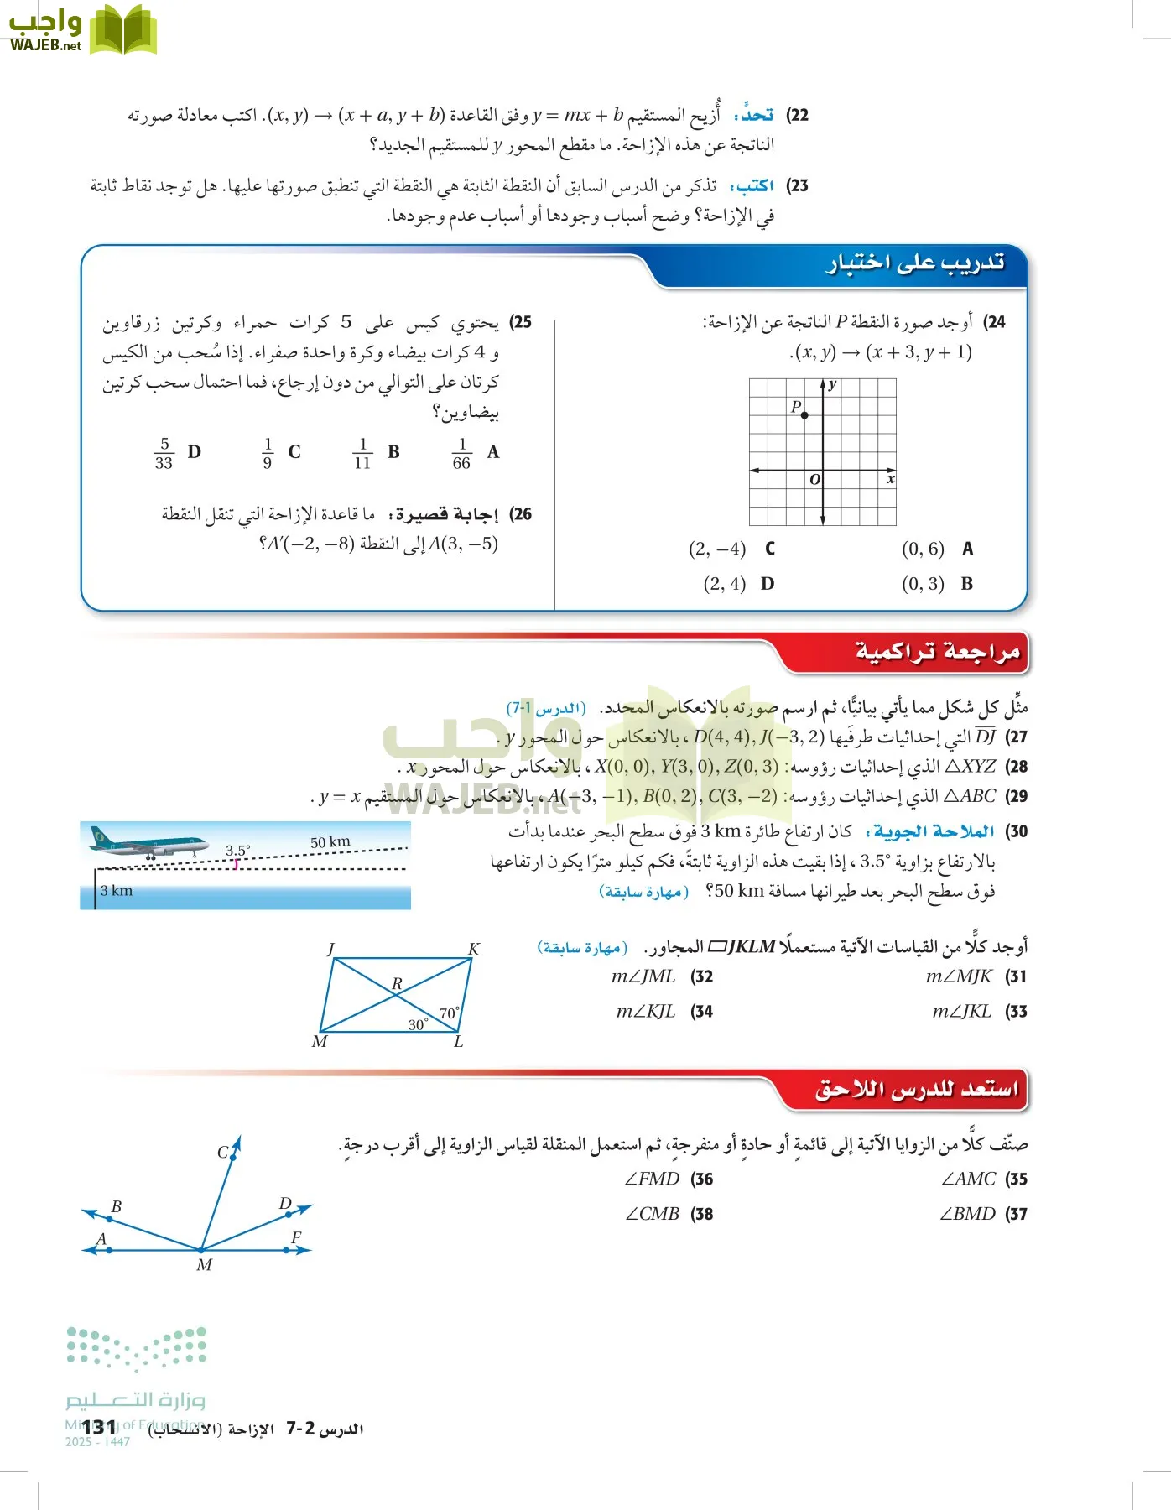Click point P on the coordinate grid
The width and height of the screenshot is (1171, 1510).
(x=804, y=415)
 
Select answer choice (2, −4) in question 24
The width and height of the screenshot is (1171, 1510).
(x=717, y=549)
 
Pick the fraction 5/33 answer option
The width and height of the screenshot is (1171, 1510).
(x=164, y=453)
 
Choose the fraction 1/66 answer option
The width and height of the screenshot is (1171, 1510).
(x=461, y=453)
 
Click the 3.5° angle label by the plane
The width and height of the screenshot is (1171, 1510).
(x=237, y=851)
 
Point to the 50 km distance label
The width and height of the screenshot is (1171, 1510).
(x=330, y=841)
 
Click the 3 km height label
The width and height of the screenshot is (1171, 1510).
(x=117, y=891)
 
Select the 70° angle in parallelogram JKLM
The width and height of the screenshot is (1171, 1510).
(x=449, y=1013)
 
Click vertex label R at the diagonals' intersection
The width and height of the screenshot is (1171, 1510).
(x=397, y=982)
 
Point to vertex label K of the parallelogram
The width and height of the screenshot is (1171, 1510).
(x=474, y=950)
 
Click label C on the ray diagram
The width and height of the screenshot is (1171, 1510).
(x=223, y=1153)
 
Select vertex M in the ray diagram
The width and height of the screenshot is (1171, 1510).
(x=204, y=1264)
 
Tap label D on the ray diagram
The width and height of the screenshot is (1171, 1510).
(x=285, y=1204)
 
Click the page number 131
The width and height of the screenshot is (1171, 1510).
(x=99, y=1427)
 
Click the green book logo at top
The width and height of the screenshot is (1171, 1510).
(x=123, y=30)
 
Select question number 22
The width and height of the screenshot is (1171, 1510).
(x=798, y=115)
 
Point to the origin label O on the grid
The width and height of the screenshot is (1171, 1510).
(x=814, y=480)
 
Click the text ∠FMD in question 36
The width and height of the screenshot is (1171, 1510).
(x=653, y=1179)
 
